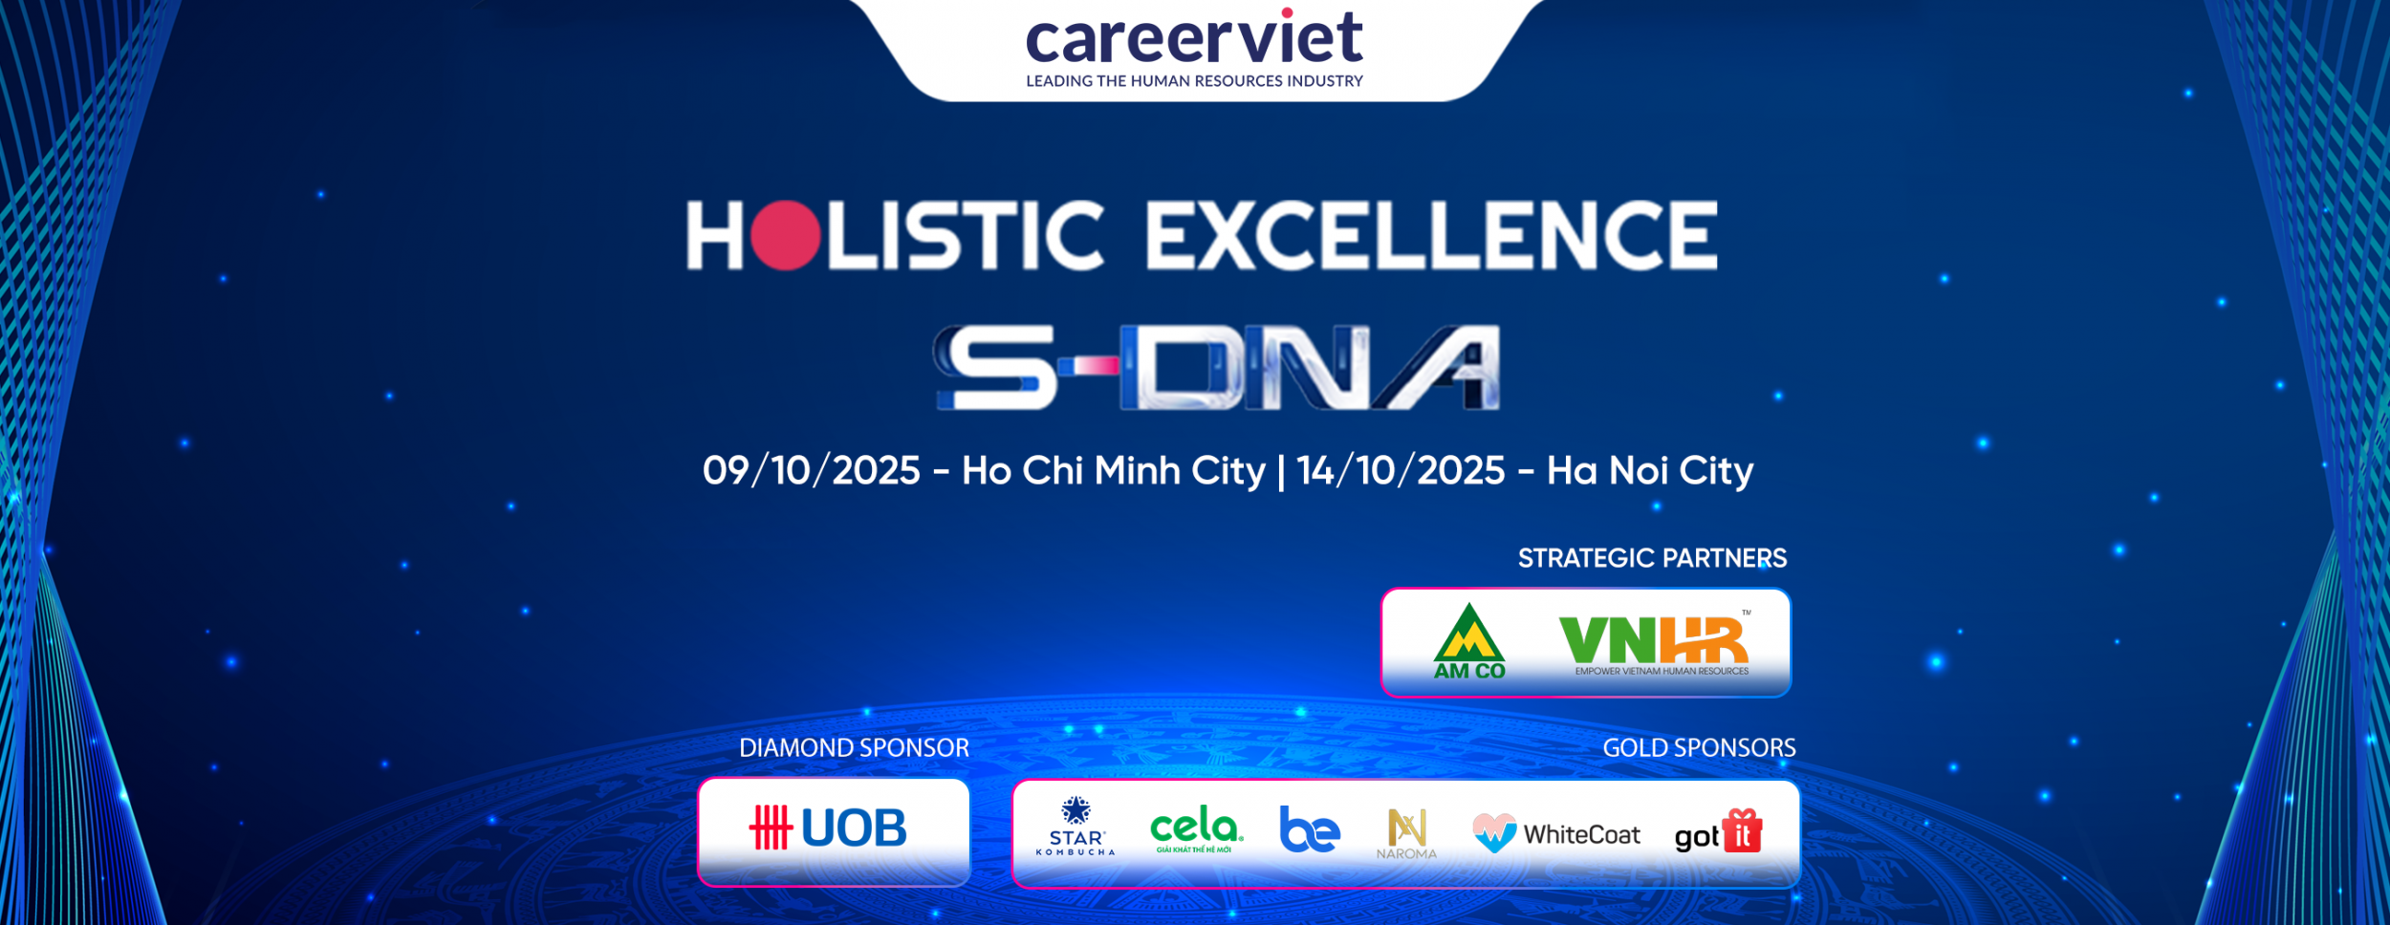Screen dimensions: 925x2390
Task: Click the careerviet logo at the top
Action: pos(1194,48)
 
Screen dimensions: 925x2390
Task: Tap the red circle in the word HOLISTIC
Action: pos(785,235)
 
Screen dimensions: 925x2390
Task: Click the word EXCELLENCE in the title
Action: pos(1431,235)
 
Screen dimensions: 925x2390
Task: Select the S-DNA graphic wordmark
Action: pos(1216,368)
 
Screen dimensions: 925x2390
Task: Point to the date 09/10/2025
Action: pos(811,471)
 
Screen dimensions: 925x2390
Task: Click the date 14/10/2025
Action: pos(1401,471)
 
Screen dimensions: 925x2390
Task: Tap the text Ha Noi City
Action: pos(1650,471)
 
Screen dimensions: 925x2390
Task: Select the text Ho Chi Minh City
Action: pos(1113,471)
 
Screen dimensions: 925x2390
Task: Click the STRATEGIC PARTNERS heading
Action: pos(1652,558)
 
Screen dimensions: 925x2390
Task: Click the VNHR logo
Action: pos(1655,642)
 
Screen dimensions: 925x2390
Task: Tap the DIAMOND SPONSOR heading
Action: pos(854,748)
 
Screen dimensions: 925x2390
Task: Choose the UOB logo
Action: pos(828,828)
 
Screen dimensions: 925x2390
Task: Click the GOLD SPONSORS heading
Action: pos(1699,748)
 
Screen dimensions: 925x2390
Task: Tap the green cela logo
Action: pos(1196,828)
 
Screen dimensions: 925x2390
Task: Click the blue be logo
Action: pos(1310,829)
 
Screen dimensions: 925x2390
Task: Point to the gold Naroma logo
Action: pos(1406,832)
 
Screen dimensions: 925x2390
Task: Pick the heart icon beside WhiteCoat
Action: pos(1494,832)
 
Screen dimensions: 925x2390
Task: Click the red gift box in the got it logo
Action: pos(1742,830)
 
